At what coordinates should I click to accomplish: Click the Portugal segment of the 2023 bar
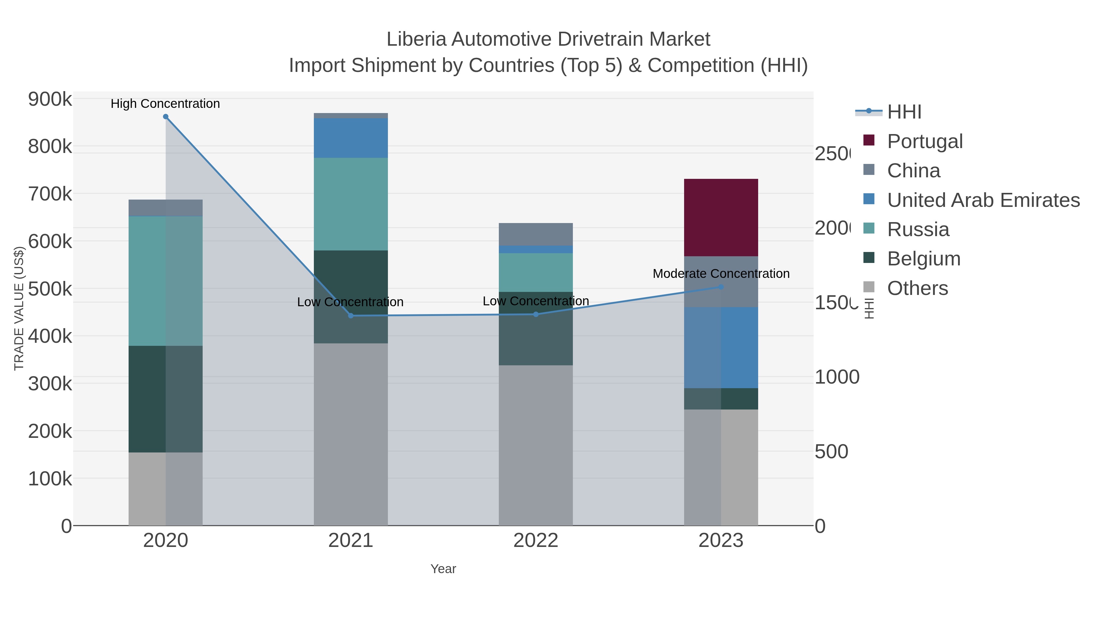(721, 217)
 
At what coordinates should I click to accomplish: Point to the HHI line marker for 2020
(166, 117)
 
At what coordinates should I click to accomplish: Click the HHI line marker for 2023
(721, 287)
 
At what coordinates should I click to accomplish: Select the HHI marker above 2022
(536, 314)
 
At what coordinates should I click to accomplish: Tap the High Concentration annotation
(165, 104)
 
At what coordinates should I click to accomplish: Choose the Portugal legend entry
(925, 141)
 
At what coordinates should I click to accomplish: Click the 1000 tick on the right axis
(836, 377)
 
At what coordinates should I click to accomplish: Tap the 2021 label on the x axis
(350, 540)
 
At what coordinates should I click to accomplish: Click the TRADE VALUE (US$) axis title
(19, 308)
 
